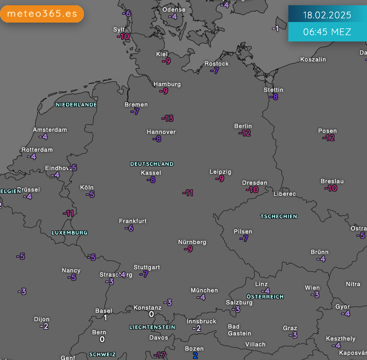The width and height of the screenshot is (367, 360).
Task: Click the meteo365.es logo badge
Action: [42, 14]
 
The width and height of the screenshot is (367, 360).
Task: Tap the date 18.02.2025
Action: [327, 15]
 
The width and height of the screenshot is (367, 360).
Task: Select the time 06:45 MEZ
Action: [327, 32]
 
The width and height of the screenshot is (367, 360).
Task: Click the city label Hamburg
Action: [167, 84]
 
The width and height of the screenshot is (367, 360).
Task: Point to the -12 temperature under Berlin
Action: [244, 133]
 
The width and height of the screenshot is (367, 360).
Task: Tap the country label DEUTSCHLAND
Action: [152, 164]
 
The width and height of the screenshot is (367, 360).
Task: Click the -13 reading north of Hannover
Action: [167, 118]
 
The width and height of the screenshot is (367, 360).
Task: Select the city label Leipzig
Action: [220, 172]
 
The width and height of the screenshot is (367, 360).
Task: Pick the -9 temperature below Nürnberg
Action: [188, 249]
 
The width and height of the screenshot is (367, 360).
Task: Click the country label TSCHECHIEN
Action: [279, 216]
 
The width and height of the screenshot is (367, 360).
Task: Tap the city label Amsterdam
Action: [50, 130]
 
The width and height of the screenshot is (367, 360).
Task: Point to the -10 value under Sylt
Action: [123, 37]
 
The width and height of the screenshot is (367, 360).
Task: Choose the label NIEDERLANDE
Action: [76, 104]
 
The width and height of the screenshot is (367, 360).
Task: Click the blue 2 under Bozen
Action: [195, 356]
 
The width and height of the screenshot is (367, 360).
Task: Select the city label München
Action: [204, 290]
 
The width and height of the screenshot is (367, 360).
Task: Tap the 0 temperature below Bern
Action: [102, 340]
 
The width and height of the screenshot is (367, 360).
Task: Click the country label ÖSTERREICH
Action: [265, 297]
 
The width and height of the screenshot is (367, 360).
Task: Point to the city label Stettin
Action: [273, 90]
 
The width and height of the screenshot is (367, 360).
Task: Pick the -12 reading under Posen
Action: [328, 138]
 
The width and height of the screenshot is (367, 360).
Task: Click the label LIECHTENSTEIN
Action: [152, 327]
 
